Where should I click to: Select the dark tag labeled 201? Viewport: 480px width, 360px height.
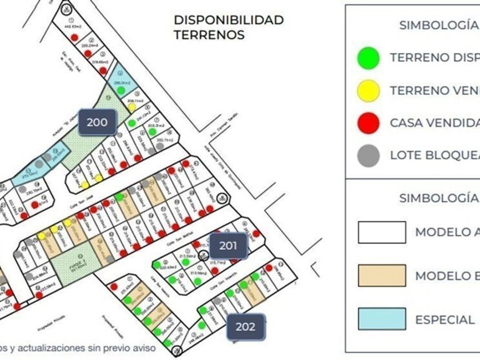pos(228,246)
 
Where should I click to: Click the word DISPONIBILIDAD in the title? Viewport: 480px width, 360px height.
pos(229,20)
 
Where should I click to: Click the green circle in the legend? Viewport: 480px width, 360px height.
pos(369,57)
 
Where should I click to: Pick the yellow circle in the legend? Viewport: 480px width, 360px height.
pos(369,90)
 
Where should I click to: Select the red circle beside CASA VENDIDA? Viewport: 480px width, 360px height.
pos(369,122)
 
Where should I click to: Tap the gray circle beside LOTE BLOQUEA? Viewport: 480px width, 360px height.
pos(369,155)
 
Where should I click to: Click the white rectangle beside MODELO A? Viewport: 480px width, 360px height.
pos(382,233)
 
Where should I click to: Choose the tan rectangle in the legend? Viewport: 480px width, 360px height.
pos(382,275)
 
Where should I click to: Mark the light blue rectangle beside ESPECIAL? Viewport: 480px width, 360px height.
pos(382,319)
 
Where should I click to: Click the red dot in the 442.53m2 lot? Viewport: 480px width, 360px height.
pos(74,37)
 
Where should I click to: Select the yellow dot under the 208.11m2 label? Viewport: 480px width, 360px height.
pos(132,106)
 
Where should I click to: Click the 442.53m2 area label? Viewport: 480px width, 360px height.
pos(74,26)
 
